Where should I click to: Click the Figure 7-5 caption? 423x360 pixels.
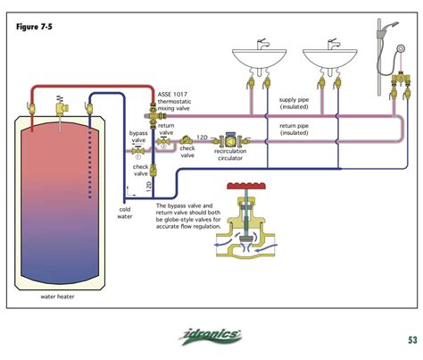[34, 27]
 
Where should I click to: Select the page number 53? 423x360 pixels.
[411, 339]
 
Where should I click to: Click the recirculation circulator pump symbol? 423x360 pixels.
[231, 138]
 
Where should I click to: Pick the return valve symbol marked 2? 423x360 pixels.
[165, 138]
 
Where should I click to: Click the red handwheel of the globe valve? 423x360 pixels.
[241, 188]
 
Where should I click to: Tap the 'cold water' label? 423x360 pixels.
[125, 213]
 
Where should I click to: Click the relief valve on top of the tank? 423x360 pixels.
[61, 100]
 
